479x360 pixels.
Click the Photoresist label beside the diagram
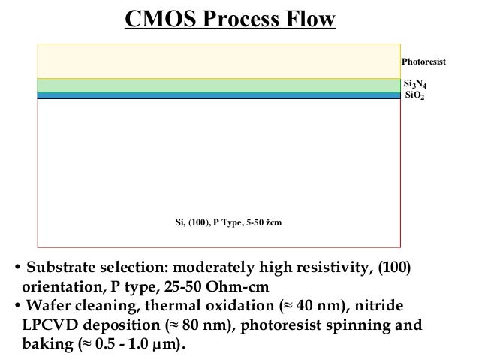click(x=423, y=62)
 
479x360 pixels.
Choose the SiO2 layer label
click(x=414, y=96)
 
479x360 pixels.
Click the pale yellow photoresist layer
click(x=218, y=61)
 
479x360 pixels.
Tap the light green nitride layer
click(x=218, y=85)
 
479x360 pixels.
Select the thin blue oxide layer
click(x=218, y=95)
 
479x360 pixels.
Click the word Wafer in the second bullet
click(x=46, y=307)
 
